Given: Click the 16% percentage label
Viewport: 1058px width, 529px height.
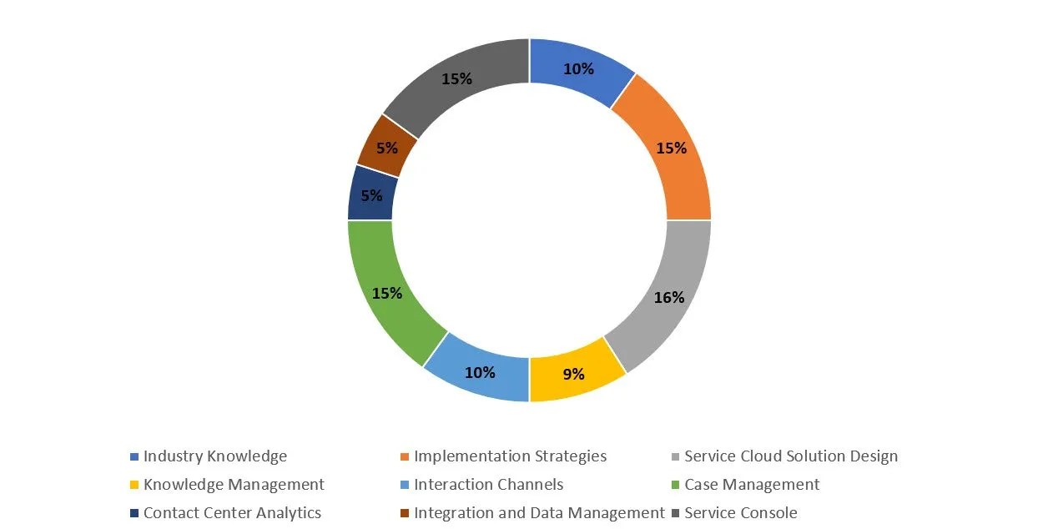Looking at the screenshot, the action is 669,297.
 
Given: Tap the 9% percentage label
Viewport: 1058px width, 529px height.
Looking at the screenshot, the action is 573,375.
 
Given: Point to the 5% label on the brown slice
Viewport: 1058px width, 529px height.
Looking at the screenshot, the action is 387,149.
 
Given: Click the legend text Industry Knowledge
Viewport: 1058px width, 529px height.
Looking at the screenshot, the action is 215,456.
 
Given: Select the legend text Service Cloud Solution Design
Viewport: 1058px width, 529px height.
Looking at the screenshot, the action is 791,456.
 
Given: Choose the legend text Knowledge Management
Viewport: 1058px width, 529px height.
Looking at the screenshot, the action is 234,485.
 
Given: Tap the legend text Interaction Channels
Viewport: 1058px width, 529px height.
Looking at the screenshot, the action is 489,485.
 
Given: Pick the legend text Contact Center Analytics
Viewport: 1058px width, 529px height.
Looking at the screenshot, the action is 232,513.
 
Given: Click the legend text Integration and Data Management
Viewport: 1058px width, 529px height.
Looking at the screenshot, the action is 539,513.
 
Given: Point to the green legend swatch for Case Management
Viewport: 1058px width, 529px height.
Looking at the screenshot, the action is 676,486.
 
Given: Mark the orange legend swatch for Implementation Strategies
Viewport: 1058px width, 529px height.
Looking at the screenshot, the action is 406,457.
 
